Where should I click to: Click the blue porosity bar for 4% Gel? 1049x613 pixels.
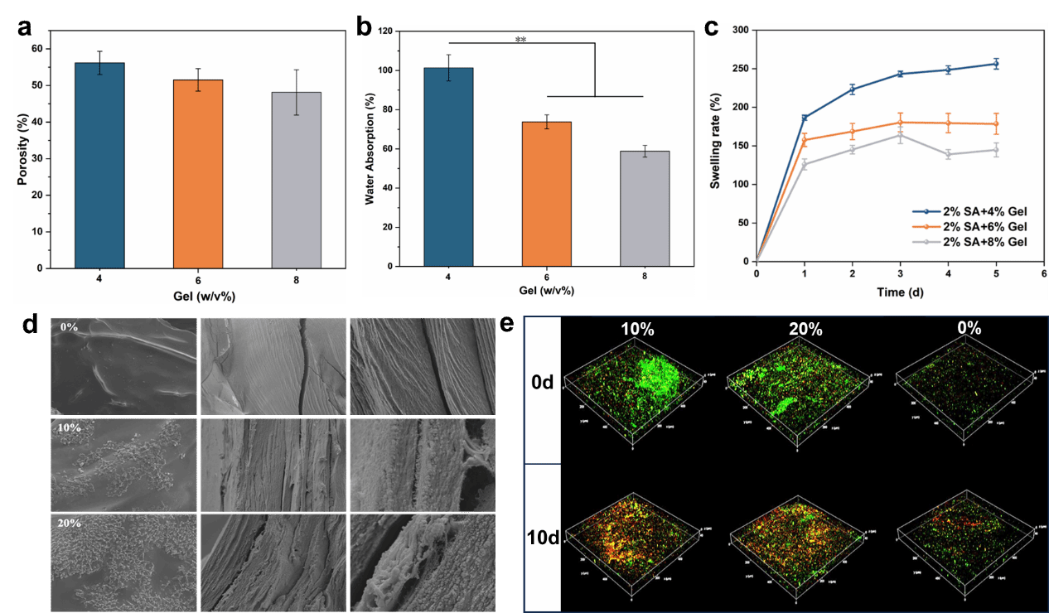point(99,165)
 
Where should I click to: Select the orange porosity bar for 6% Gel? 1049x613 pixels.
point(198,173)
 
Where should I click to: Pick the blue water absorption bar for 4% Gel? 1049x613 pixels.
point(448,167)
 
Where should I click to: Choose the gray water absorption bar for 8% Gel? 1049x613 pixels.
point(644,208)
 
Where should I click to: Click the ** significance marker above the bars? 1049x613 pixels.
point(520,39)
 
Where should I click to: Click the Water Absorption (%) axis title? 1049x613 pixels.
point(370,150)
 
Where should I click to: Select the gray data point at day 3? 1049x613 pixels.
point(900,135)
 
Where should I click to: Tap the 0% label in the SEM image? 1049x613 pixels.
point(69,327)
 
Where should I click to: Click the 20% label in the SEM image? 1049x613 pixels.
point(70,523)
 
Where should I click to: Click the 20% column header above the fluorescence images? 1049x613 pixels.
point(805,329)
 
